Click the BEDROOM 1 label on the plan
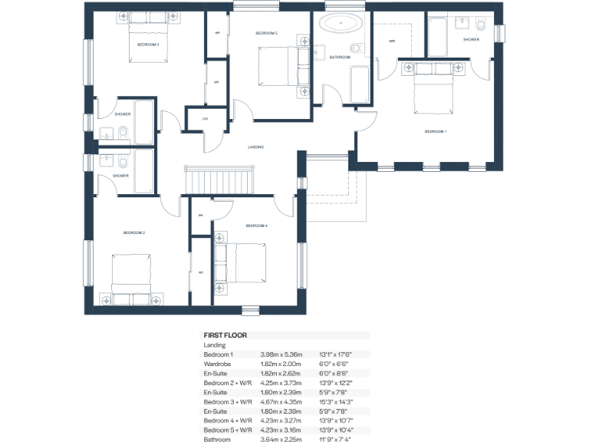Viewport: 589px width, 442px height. coord(435,132)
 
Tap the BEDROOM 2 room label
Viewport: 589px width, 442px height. coord(134,232)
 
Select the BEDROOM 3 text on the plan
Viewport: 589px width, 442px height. coord(148,45)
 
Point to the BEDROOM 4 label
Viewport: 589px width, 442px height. coord(256,226)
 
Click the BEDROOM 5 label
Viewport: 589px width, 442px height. coord(266,34)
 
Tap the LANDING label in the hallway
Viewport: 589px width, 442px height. coord(256,147)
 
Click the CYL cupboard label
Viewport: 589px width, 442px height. coord(205,119)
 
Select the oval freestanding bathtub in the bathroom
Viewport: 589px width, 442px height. coord(339,23)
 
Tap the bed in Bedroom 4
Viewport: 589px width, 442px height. coord(244,263)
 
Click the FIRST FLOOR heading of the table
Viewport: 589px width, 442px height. coord(225,335)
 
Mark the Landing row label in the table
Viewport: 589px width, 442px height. coord(215,345)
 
